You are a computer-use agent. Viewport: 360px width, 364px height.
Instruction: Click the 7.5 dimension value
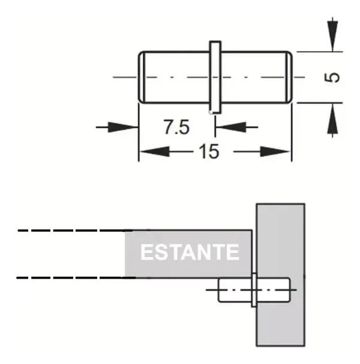coord(176,127)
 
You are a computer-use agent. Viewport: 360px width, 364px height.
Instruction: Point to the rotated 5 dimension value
coord(334,77)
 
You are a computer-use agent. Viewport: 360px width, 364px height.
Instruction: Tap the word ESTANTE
coord(190,252)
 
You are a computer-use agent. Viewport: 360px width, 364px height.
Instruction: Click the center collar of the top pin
coord(215,77)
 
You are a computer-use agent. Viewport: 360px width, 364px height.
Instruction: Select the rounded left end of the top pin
coord(142,77)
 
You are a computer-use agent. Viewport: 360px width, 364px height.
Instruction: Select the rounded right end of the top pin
coord(290,77)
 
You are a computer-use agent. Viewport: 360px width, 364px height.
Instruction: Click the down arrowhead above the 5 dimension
coord(330,41)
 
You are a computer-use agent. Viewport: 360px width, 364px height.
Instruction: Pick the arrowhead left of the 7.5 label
coord(129,127)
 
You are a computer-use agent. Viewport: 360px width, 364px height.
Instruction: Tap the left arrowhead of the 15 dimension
coord(148,152)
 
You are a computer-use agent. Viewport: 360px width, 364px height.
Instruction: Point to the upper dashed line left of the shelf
coord(72,231)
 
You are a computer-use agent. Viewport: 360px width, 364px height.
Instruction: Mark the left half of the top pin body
coord(175,77)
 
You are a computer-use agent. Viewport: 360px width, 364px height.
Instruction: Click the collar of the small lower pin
coord(254,289)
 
